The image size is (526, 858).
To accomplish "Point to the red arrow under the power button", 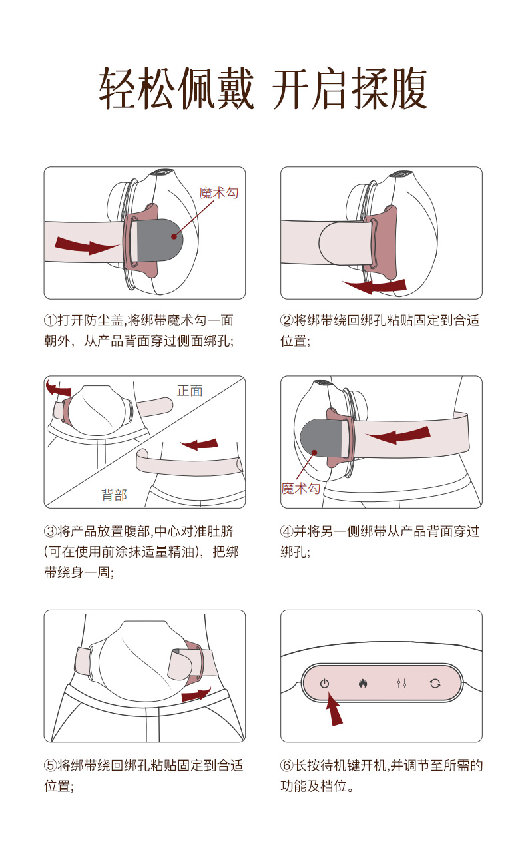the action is pos(334,709).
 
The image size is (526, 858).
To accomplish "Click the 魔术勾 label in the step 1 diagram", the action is pos(219,192).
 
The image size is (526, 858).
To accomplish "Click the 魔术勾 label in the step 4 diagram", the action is pos(300,489).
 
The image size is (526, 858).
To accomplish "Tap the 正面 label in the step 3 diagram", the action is pos(190,391).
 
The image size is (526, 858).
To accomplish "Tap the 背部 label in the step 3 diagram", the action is pos(114,495).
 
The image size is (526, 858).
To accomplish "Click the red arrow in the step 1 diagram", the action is pos(86,245).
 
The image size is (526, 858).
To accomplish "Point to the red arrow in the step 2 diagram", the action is pos(375,286).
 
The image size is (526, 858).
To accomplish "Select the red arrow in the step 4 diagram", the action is pos(398,435).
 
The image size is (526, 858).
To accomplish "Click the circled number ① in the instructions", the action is pos(50,320).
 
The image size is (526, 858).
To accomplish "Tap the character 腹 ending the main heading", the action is pos(407,89).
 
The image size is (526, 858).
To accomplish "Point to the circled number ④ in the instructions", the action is pos(287,531).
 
